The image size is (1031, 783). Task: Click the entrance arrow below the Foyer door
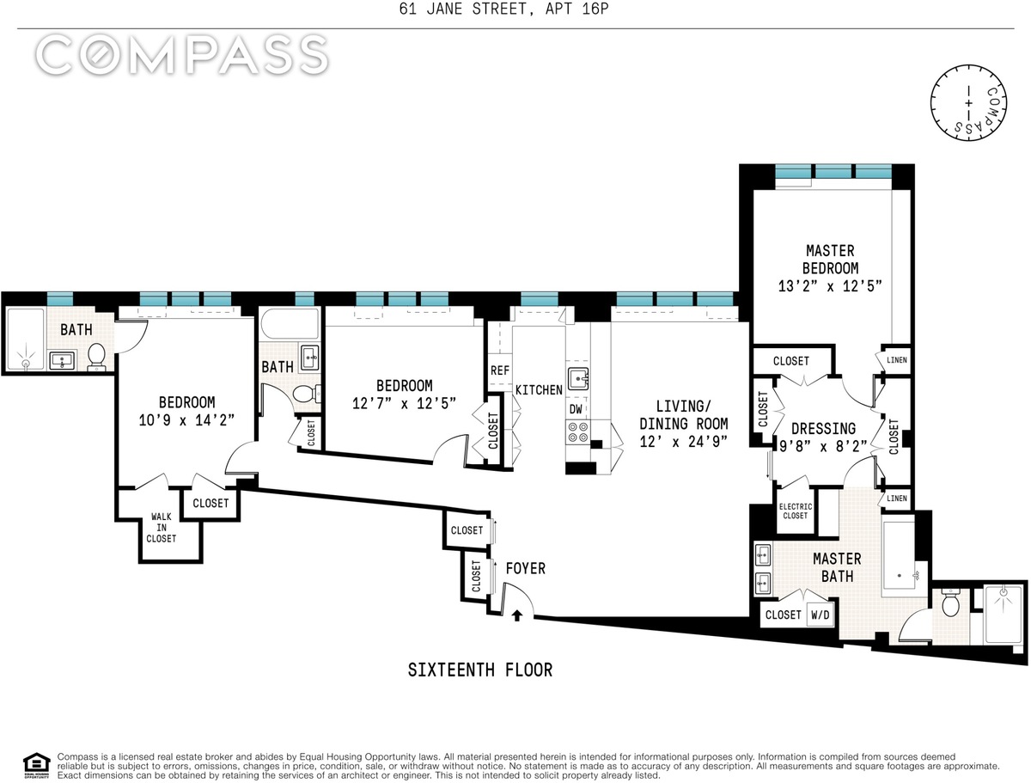pos(516,615)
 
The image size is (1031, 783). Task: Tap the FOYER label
pos(526,569)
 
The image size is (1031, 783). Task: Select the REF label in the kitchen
pos(500,370)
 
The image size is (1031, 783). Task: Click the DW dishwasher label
pos(576,409)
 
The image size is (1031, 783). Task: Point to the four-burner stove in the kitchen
pos(577,432)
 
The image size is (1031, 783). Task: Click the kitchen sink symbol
pos(578,378)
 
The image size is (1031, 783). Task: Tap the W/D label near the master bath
pos(821,615)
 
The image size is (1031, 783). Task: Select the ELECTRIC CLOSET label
pos(796,511)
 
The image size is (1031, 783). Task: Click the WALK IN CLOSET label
pos(162,528)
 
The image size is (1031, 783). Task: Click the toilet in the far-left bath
pos(97,357)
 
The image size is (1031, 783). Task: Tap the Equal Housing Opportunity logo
pos(37,766)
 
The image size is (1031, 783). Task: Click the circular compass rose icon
pos(968,102)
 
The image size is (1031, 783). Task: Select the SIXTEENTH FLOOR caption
pos(480,670)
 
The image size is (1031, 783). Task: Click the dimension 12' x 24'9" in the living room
pos(683,442)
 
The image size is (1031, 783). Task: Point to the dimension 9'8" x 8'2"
pos(823,446)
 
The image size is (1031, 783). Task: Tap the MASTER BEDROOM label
pos(830,260)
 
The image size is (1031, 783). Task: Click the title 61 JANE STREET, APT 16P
pos(503,9)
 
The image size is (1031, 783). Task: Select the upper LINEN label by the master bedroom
pos(897,360)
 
